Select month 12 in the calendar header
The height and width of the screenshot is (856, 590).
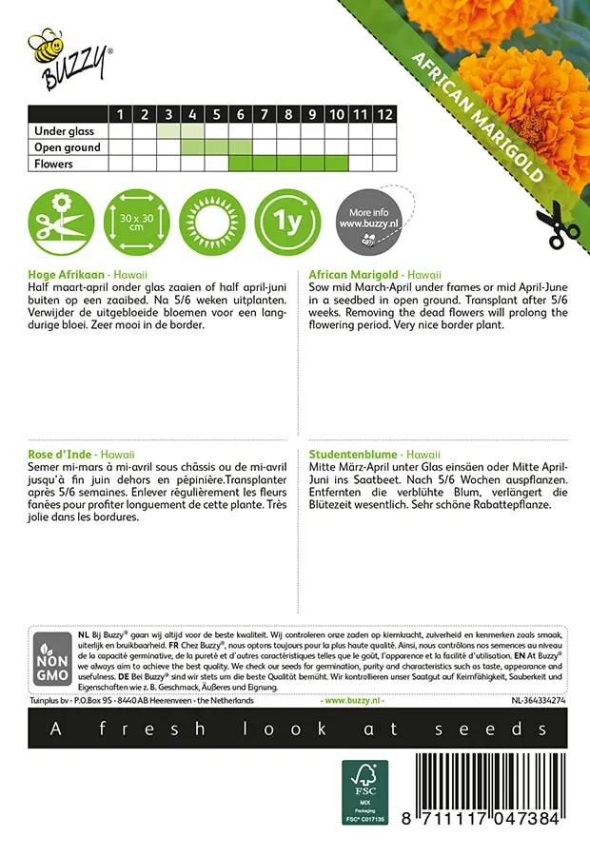click(x=383, y=115)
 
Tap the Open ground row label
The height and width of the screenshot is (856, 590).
click(x=68, y=147)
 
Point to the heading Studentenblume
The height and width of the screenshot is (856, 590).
click(x=353, y=455)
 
